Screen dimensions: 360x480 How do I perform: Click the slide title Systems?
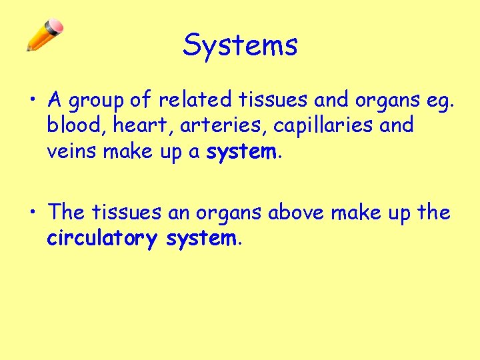240,45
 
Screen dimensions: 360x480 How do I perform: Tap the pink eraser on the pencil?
56,27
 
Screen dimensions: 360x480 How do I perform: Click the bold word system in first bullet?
241,151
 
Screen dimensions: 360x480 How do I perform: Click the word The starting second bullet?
66,213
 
